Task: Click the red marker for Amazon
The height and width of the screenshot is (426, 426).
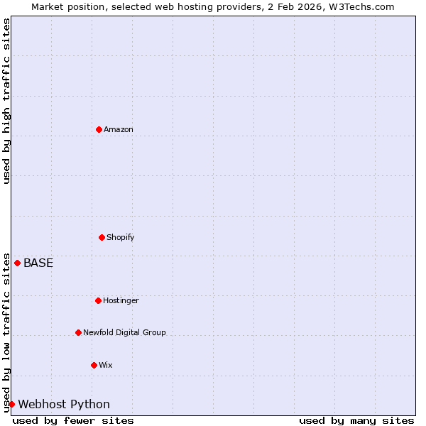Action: coord(99,129)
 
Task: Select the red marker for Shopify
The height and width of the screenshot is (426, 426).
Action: coord(102,237)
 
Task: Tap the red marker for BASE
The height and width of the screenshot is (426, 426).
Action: coord(18,263)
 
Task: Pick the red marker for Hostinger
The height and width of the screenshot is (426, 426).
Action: coord(98,300)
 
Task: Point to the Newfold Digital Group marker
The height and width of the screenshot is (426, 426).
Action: coord(78,332)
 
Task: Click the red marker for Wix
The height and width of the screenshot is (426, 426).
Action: coord(94,365)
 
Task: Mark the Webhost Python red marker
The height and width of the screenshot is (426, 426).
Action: coord(11,404)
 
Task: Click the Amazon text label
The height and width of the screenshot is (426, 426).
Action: coord(119,129)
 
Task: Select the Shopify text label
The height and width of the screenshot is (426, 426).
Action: coord(121,237)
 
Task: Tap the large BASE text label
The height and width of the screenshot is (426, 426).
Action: coord(38,263)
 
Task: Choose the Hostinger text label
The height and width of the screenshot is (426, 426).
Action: coord(121,300)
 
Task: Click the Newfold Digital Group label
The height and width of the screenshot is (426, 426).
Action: coord(124,332)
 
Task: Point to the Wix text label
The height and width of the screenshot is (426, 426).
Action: coord(106,365)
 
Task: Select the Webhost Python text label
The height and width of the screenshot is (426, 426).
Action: coord(64,404)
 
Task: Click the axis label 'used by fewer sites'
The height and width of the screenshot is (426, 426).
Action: coord(73,420)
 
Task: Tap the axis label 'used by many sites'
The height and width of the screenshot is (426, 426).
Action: coord(356,420)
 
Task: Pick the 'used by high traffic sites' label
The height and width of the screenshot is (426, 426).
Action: coord(6,101)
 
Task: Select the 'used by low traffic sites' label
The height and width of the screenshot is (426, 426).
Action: coord(6,332)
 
